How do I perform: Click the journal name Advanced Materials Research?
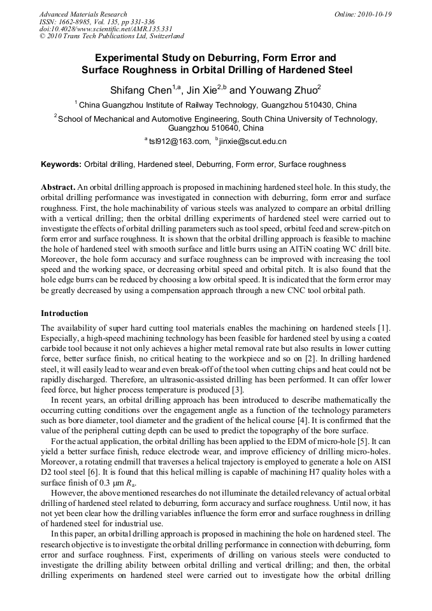pos(83,14)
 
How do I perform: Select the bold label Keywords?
pos(61,164)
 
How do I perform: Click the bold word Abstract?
pos(57,188)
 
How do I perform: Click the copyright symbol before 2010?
pos(43,37)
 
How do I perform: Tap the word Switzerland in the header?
pos(164,37)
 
